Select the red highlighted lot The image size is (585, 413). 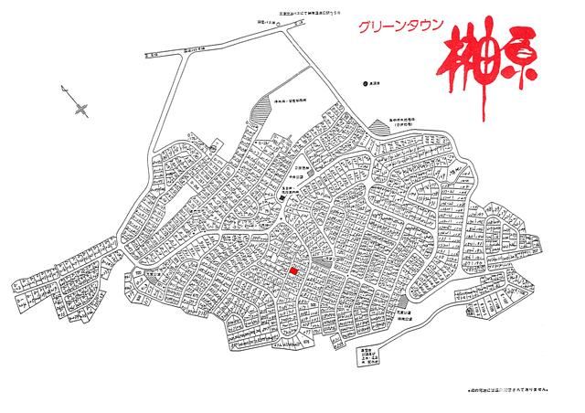coord(293,270)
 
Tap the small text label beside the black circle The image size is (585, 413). coord(375,82)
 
